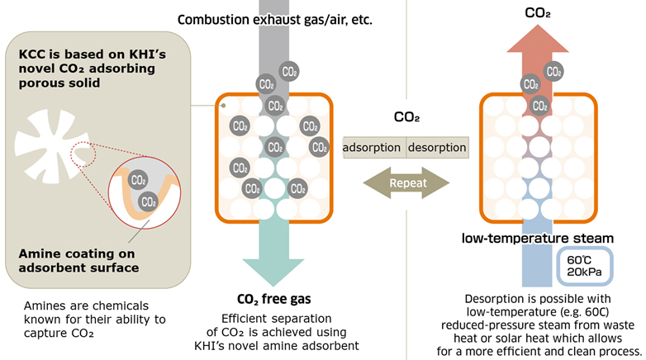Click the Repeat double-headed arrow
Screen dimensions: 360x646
pos(405,182)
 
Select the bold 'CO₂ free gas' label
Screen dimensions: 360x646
pos(274,299)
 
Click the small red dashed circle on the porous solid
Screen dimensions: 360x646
pos(85,154)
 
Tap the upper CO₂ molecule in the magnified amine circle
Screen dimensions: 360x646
pos(139,181)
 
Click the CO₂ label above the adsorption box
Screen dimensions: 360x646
pos(406,118)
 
